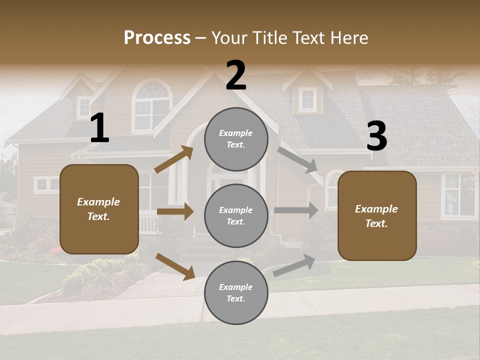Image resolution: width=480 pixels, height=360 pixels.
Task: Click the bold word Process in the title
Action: click(x=157, y=38)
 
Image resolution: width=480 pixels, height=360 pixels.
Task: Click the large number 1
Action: click(x=99, y=128)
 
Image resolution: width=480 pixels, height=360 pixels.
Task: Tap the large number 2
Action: click(x=236, y=75)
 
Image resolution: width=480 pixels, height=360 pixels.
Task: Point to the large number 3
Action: click(x=376, y=136)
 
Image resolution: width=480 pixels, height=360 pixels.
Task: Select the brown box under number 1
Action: click(x=99, y=209)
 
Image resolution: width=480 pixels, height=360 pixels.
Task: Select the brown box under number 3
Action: click(x=377, y=215)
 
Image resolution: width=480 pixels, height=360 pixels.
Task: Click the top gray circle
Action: click(x=236, y=139)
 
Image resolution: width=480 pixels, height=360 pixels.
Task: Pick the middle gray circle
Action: click(x=236, y=215)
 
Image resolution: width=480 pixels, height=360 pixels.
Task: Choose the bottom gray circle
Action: click(x=236, y=292)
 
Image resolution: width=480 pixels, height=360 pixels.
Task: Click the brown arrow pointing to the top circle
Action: click(x=173, y=159)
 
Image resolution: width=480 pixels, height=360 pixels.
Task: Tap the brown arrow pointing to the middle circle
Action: click(x=175, y=211)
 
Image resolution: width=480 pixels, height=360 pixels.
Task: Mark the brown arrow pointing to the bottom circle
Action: click(x=175, y=266)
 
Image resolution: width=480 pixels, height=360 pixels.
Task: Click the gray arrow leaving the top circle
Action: click(x=297, y=159)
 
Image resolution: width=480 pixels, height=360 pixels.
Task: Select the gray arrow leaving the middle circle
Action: click(x=295, y=210)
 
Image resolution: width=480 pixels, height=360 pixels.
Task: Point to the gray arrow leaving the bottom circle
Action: click(x=294, y=265)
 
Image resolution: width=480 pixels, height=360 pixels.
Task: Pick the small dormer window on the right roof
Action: click(x=307, y=99)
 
